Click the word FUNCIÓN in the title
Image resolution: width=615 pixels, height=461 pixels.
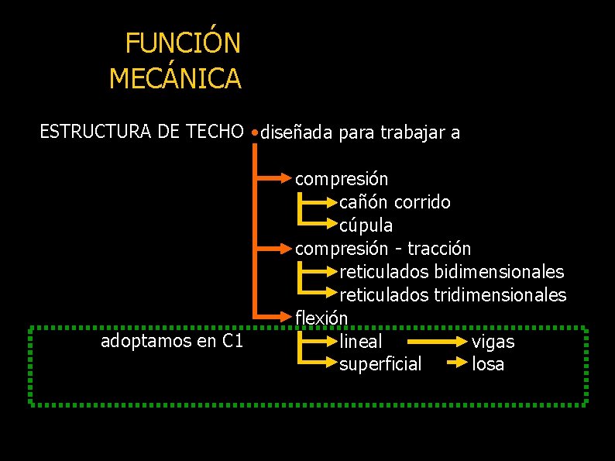(183, 43)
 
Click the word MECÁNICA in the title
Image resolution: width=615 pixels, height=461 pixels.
(175, 78)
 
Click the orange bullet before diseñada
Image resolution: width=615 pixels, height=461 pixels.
(255, 133)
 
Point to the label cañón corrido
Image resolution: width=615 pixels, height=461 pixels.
(394, 202)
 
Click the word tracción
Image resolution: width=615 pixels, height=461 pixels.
(439, 249)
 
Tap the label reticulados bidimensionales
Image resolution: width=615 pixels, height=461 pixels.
(452, 272)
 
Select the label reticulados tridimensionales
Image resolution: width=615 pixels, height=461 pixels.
(452, 295)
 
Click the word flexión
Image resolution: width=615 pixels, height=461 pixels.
(321, 318)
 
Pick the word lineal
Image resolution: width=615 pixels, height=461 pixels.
(360, 341)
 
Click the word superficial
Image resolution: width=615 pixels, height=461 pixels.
(380, 364)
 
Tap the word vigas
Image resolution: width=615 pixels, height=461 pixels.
(493, 342)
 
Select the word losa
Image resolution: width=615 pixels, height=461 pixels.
(488, 364)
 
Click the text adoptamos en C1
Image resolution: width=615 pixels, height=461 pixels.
(172, 341)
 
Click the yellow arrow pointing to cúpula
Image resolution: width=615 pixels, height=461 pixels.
(318, 224)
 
